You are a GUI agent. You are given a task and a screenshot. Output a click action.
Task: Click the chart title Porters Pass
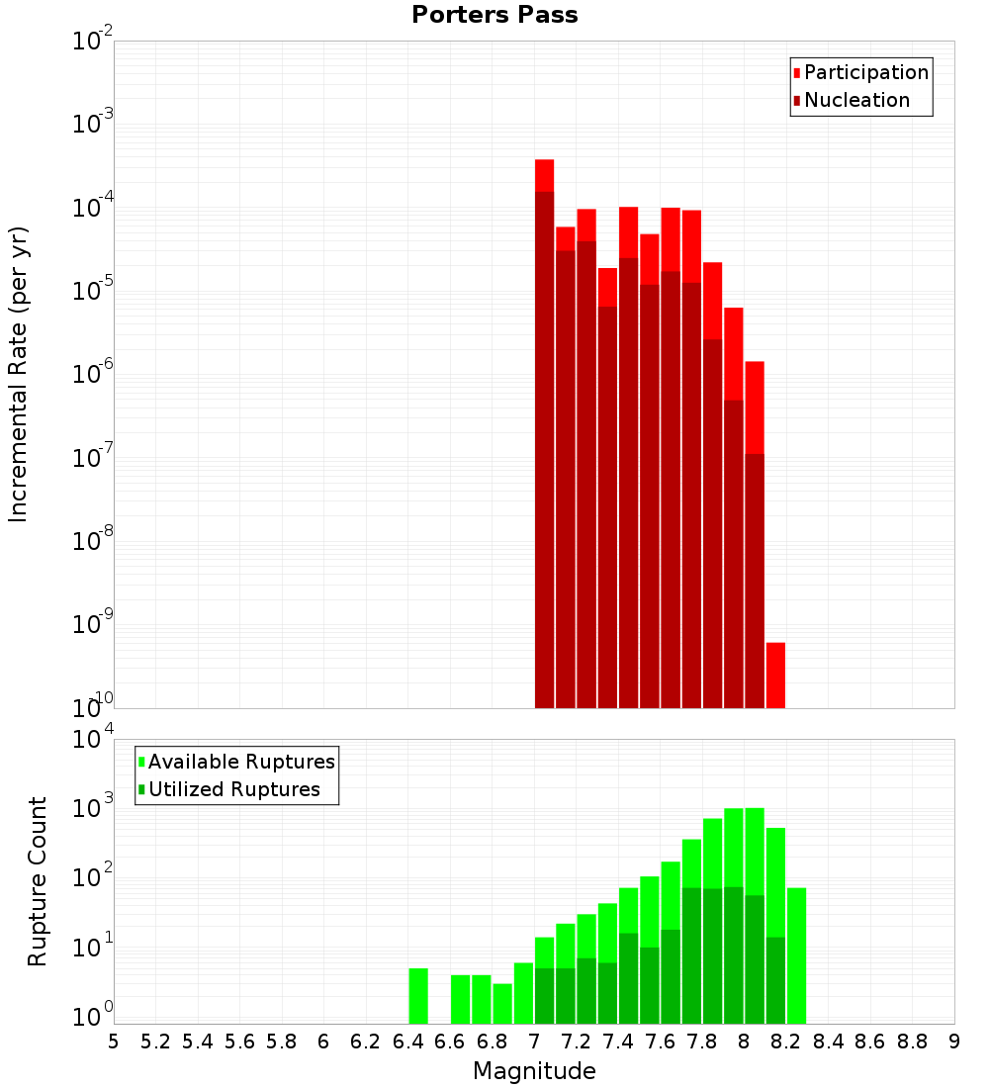(x=494, y=15)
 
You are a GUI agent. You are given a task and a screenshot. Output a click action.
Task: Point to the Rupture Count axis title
(x=38, y=881)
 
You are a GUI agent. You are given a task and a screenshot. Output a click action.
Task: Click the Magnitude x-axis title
(x=534, y=1071)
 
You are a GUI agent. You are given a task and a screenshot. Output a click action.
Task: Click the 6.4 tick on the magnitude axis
(x=407, y=1042)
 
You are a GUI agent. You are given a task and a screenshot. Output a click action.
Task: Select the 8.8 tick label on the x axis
(x=912, y=1042)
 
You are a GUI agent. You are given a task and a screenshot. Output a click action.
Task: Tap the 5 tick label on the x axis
(x=114, y=1042)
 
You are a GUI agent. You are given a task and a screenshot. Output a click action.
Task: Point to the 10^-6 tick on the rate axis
(x=93, y=374)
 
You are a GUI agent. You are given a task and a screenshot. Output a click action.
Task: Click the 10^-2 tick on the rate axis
(x=93, y=42)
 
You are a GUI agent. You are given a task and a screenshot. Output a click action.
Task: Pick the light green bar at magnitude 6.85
(x=502, y=1003)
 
